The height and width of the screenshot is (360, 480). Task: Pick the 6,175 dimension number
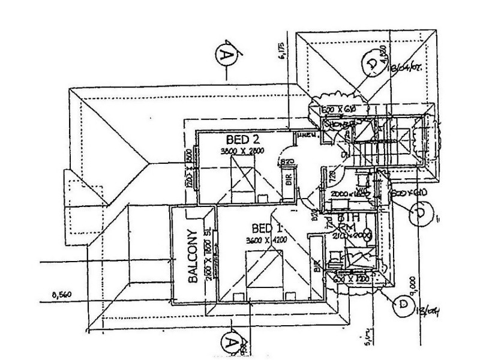pos(280,52)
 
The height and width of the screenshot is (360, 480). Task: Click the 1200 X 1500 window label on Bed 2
pos(188,169)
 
